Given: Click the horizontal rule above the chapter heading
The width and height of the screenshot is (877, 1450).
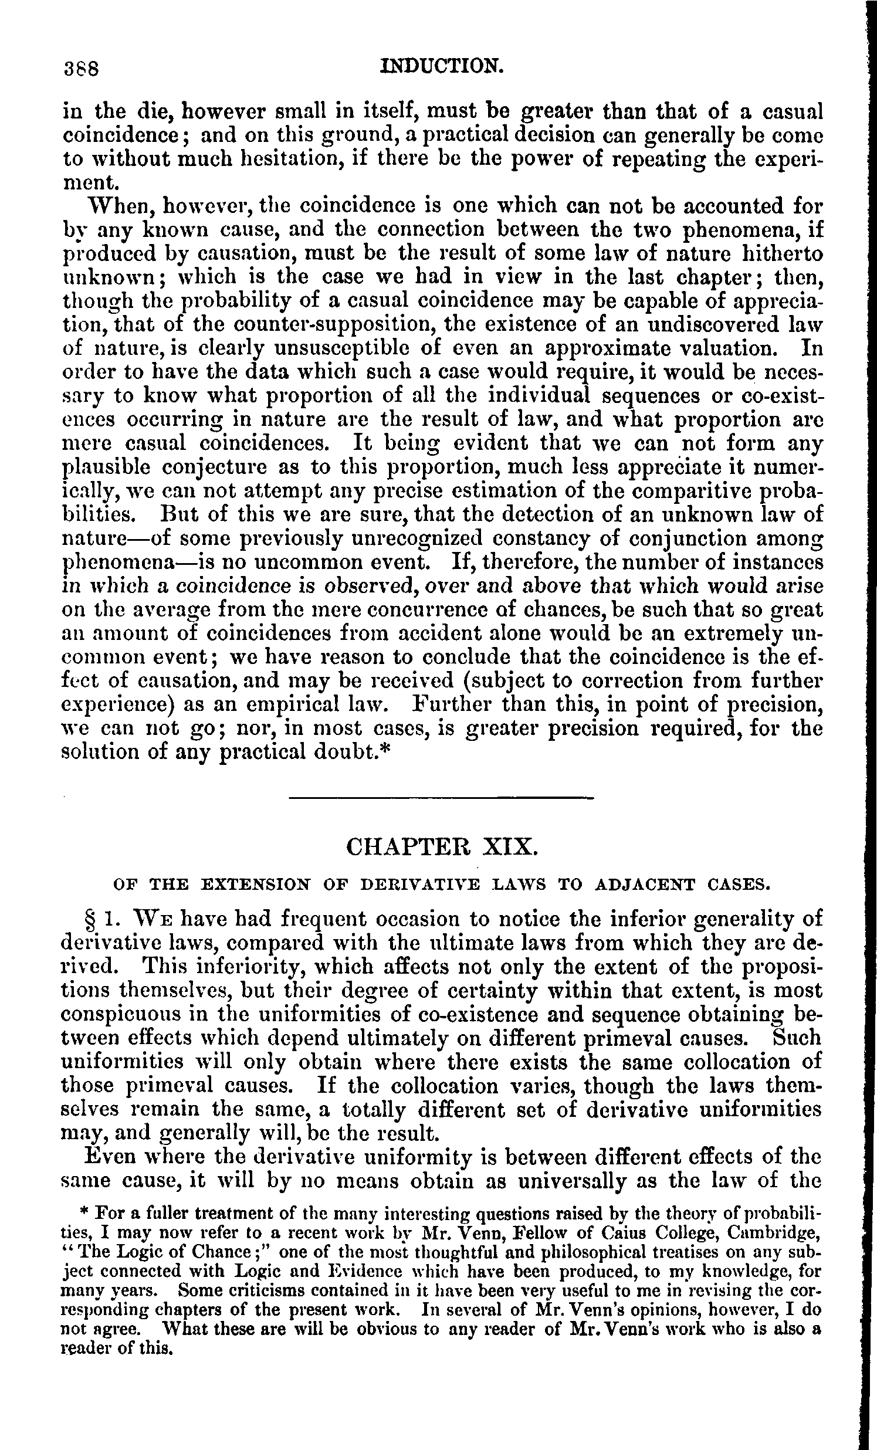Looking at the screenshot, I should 442,798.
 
